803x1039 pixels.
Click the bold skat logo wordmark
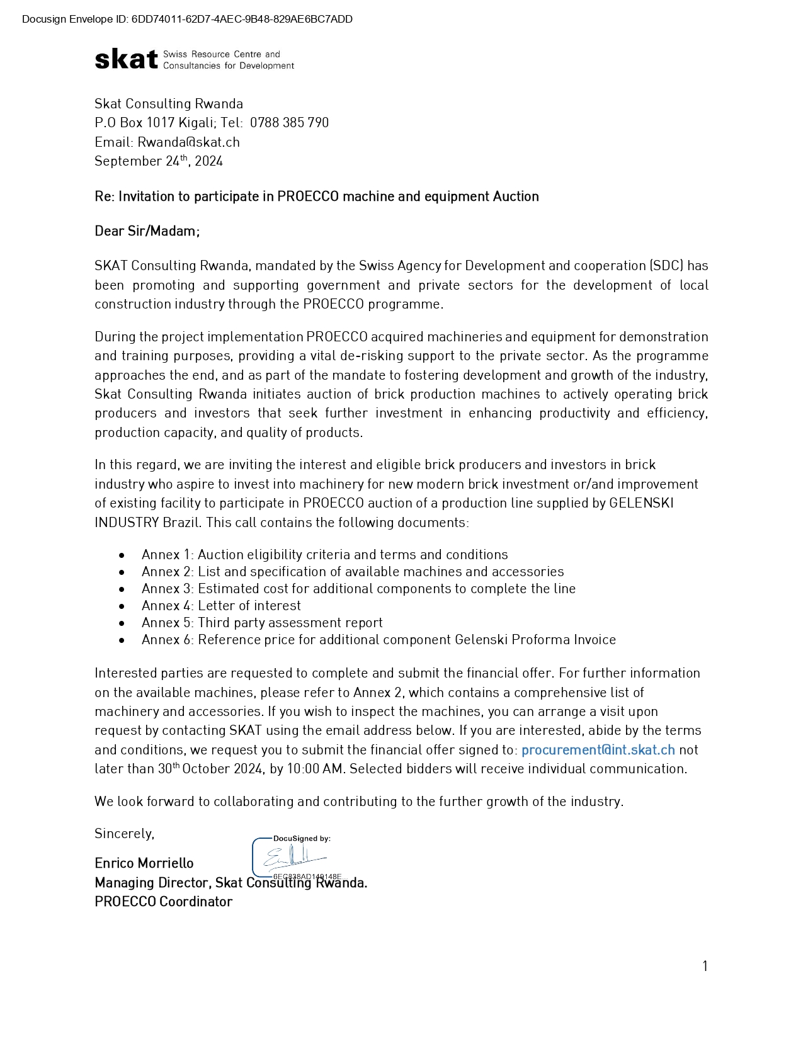point(126,59)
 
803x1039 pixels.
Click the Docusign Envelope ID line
point(187,19)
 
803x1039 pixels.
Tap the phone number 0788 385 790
point(289,123)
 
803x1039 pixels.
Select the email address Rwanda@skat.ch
point(188,142)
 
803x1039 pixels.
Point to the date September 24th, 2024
point(159,161)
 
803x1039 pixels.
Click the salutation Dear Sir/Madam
point(147,231)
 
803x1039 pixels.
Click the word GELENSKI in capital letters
point(641,503)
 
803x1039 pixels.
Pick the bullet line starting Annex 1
point(324,555)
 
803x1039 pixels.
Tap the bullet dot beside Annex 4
point(122,606)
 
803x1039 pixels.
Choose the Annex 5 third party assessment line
point(262,623)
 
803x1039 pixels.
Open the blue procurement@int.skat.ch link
point(598,750)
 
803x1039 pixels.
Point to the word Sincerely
point(124,834)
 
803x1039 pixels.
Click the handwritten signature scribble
point(293,858)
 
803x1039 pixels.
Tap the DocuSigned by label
point(302,839)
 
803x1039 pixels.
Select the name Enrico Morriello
point(144,863)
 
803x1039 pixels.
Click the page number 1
point(705,966)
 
